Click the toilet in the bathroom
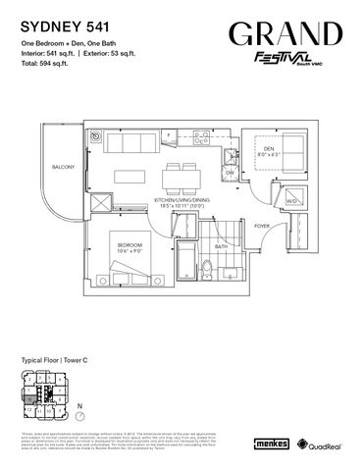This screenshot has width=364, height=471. pyautogui.click(x=207, y=271)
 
